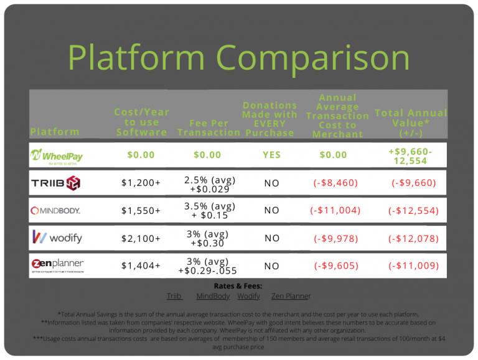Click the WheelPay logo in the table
[x=57, y=157]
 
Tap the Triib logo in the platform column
[x=56, y=183]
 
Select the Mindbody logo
[x=55, y=210]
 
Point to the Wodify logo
[x=57, y=238]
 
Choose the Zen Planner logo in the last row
[x=58, y=265]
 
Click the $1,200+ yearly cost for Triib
[x=141, y=183]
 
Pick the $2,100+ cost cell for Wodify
[x=141, y=239]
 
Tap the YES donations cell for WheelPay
[x=271, y=155]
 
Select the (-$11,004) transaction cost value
[x=335, y=210]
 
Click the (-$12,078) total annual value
[x=413, y=239]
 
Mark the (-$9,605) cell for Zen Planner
[x=336, y=266]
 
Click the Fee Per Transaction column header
[x=209, y=128]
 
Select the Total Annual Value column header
[x=411, y=123]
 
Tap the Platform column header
[x=55, y=132]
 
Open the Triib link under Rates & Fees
[x=174, y=296]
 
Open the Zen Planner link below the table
[x=291, y=296]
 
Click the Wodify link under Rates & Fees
[x=248, y=296]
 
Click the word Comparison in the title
[x=313, y=58]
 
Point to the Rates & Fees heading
[x=238, y=286]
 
